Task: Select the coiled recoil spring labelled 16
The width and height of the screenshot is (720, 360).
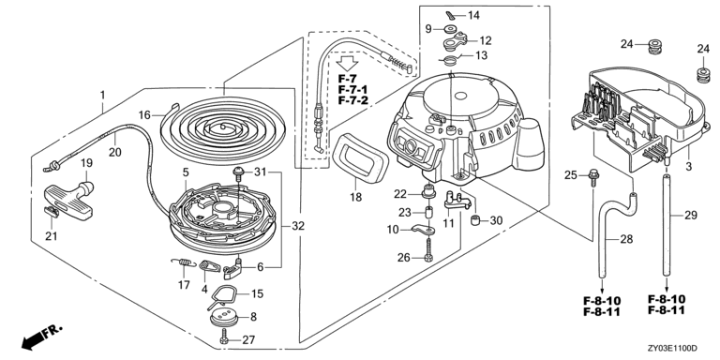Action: coord(224,127)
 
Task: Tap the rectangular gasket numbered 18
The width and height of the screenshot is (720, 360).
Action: coord(360,156)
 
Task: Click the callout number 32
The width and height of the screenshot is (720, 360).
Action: coord(298,226)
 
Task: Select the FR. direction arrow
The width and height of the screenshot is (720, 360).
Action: coord(41,337)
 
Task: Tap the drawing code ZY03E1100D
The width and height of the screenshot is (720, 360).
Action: coord(673,349)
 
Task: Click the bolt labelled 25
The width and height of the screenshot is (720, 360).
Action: coord(592,177)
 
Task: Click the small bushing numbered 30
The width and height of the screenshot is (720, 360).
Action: coord(477,220)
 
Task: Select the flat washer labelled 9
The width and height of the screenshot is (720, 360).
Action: coord(446,29)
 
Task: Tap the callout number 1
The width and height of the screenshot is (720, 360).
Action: coord(103,96)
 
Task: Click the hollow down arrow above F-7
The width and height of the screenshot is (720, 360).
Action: coord(348,64)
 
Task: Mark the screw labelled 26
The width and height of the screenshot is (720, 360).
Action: coord(428,249)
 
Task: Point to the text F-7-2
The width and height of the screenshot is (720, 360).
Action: coord(353,100)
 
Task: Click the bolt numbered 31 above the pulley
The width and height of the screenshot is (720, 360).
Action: coord(239,175)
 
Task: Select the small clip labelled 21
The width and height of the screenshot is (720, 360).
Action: coord(52,212)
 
